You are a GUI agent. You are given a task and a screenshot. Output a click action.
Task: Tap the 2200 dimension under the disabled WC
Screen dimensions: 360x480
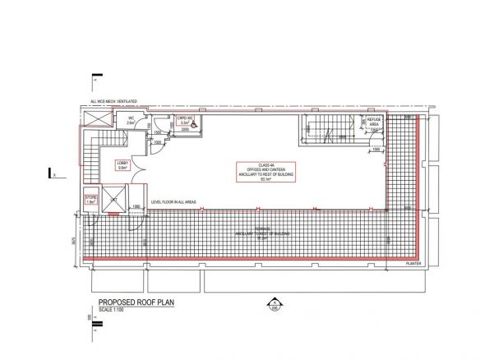(185, 130)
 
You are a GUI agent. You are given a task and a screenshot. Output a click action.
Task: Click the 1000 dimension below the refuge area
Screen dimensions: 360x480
(375, 150)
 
